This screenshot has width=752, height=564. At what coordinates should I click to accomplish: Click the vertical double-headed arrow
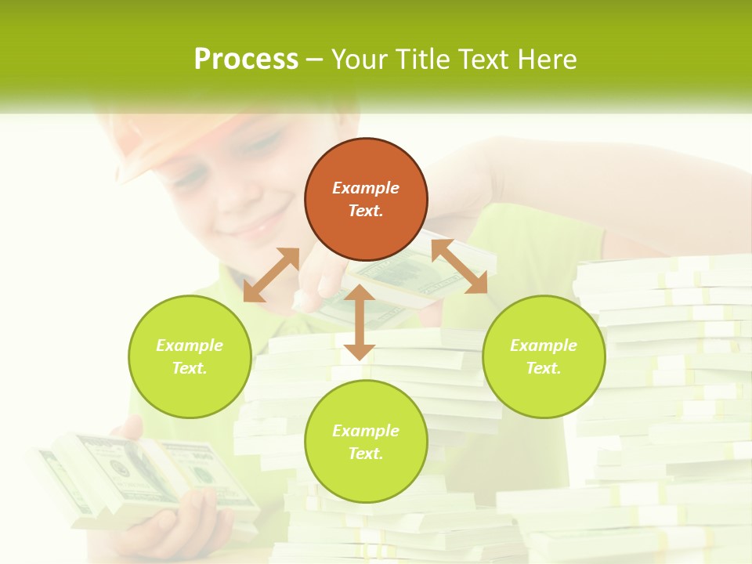(360, 322)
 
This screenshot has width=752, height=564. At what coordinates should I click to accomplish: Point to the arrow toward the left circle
(271, 275)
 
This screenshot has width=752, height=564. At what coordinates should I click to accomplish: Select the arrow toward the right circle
(459, 266)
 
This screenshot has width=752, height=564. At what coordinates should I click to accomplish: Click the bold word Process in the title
(246, 59)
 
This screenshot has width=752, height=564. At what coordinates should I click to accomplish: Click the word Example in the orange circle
(366, 188)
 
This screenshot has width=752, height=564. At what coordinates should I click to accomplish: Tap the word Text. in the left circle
(190, 368)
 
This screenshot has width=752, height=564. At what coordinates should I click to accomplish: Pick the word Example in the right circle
(544, 345)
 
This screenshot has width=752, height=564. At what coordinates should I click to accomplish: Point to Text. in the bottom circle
(366, 454)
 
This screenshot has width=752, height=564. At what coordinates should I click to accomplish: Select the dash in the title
(315, 60)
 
